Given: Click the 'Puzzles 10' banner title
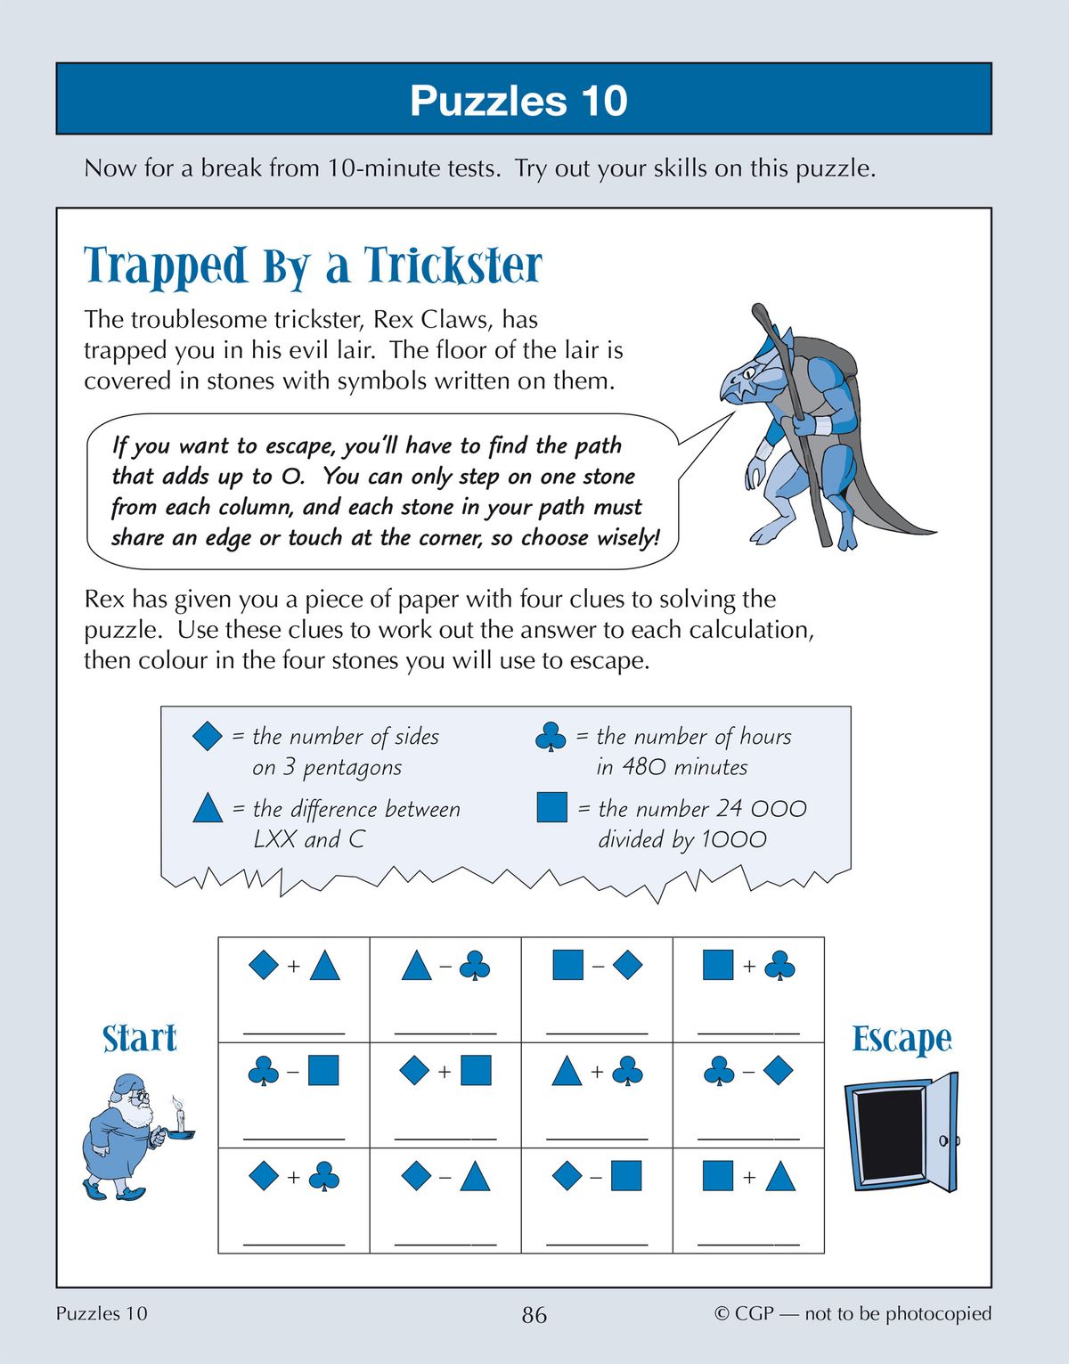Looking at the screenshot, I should click(x=518, y=101).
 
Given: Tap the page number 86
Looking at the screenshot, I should click(x=534, y=1315).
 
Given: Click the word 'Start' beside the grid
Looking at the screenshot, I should click(x=139, y=1039).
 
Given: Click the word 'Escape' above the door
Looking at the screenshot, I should click(x=902, y=1039).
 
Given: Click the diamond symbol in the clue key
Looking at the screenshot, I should click(x=207, y=736).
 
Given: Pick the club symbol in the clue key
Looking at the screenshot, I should click(x=551, y=737).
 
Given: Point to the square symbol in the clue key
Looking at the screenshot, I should click(x=551, y=807).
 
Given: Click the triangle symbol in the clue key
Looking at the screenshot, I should click(x=207, y=808).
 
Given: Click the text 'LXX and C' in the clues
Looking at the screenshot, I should click(x=308, y=839).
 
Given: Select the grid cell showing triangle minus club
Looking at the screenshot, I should click(x=445, y=989).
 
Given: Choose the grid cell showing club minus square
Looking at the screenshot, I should click(x=294, y=1094).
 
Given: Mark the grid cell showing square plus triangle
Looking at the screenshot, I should click(x=748, y=1199).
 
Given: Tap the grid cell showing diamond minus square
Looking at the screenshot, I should click(x=597, y=1199).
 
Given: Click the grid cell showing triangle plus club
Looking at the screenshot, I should click(x=597, y=1094).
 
